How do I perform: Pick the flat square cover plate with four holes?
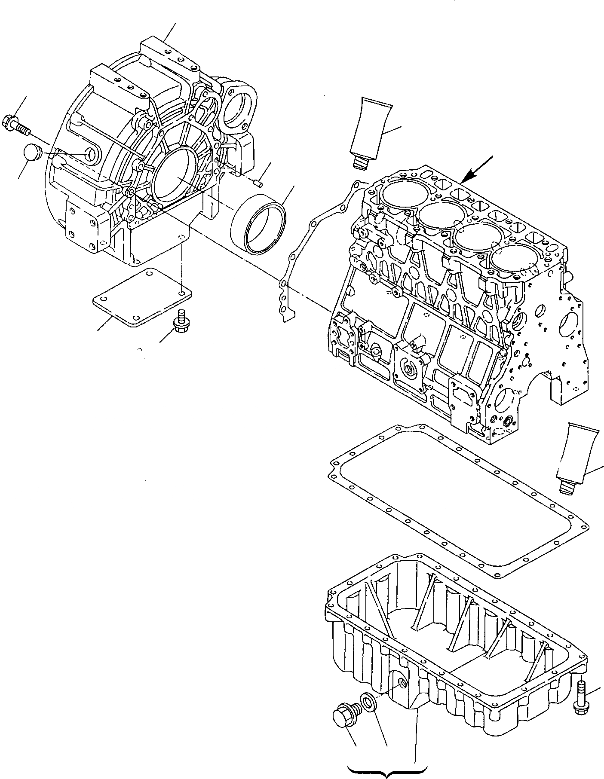click(x=142, y=296)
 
